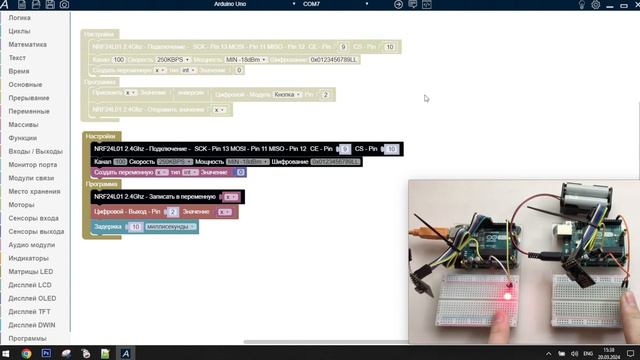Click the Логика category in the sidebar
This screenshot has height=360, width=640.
(x=20, y=18)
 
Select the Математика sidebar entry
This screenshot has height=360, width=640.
(x=27, y=45)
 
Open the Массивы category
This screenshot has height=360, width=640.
(x=24, y=124)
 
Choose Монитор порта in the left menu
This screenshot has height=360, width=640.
(x=33, y=164)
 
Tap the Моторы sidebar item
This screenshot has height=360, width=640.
(x=22, y=204)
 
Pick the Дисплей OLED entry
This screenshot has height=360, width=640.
(x=33, y=298)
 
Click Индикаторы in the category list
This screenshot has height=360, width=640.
(x=29, y=258)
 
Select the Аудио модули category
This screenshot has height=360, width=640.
(x=32, y=244)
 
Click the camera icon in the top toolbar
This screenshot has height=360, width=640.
(x=64, y=5)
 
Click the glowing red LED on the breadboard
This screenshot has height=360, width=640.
(x=508, y=296)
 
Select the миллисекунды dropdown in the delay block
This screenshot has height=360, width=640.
(x=170, y=227)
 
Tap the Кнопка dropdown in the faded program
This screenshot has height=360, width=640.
(x=286, y=95)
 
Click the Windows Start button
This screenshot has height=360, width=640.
(x=7, y=353)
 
